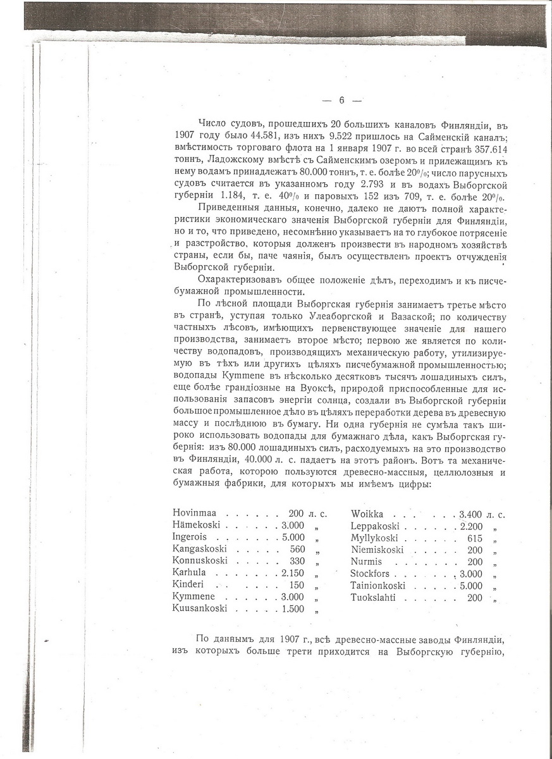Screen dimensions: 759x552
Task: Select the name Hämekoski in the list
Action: click(x=196, y=524)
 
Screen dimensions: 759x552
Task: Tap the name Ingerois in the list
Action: click(x=190, y=536)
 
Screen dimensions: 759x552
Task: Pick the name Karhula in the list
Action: click(x=189, y=572)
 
